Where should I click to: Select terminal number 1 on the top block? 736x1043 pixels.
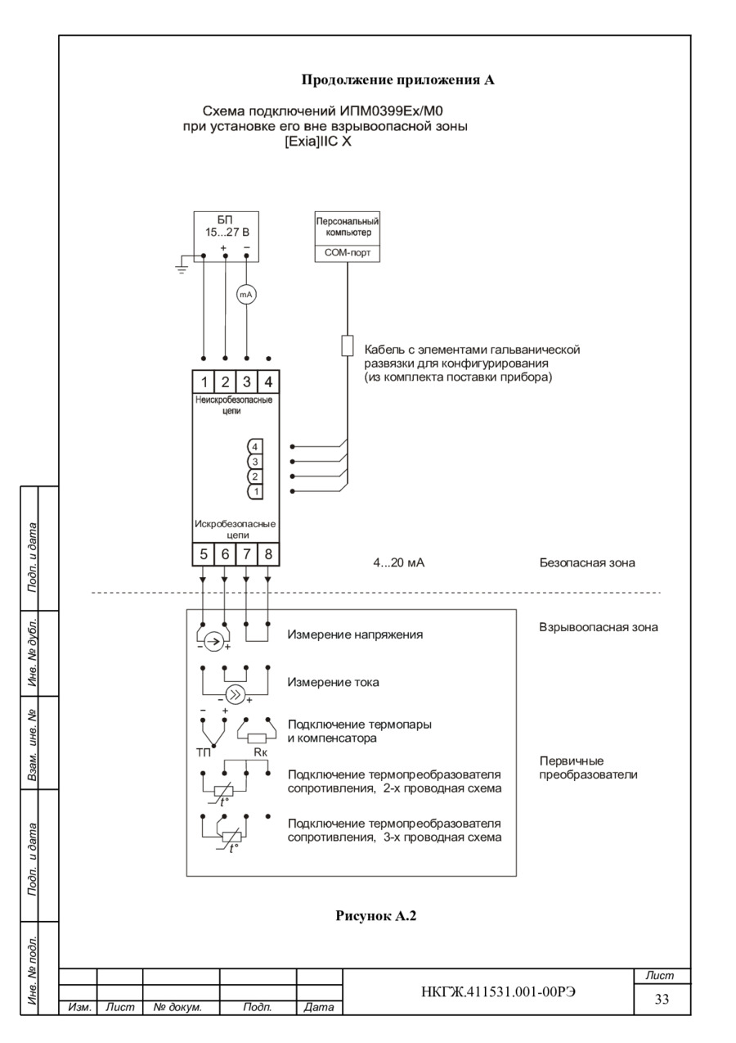click(204, 382)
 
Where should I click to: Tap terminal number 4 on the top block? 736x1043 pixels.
click(268, 382)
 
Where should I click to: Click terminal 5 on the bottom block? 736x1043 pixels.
click(204, 554)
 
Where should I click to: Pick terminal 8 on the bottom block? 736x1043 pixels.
click(268, 554)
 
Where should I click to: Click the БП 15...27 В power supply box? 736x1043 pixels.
click(226, 236)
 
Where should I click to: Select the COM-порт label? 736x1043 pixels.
click(347, 254)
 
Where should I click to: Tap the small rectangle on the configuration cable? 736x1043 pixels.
click(347, 345)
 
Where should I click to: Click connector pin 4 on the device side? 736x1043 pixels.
click(255, 447)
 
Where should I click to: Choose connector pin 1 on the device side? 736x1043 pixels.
click(255, 491)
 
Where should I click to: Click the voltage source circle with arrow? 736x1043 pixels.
click(212, 642)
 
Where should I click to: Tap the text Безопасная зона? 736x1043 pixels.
click(587, 563)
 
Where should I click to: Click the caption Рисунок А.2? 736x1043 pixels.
click(376, 916)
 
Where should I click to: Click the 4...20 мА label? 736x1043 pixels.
click(399, 563)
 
